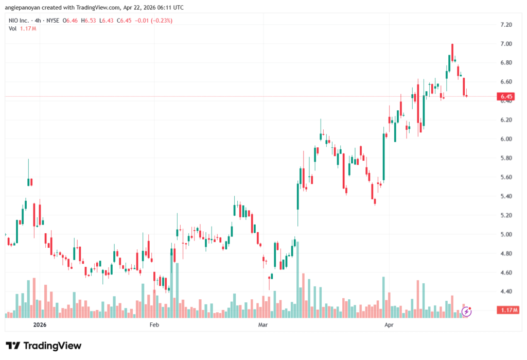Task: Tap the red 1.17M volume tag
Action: click(x=507, y=310)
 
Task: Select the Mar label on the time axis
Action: click(x=263, y=325)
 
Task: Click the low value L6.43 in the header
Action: click(x=108, y=21)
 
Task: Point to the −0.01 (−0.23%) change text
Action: click(x=154, y=21)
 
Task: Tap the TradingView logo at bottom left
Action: click(x=44, y=346)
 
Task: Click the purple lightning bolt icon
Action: click(x=467, y=311)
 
